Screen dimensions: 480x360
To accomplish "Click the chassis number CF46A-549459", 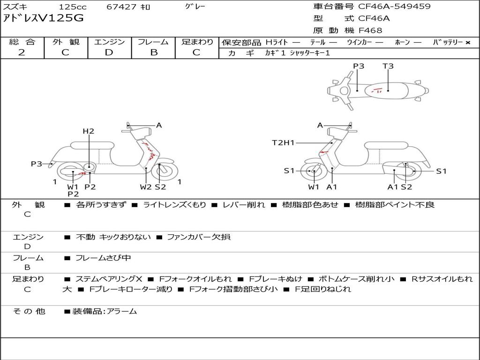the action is (394, 6).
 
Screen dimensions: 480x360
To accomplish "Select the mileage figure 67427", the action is (121, 7).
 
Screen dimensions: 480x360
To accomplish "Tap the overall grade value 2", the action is (22, 52).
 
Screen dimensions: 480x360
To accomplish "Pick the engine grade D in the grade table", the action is (109, 52).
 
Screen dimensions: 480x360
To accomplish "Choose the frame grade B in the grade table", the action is (154, 52).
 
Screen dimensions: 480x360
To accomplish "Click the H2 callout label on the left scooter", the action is (89, 131).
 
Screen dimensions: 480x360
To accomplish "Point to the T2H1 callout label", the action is (283, 142).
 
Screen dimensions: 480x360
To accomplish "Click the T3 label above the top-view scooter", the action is (388, 66).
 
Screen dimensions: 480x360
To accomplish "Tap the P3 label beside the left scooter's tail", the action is (37, 164).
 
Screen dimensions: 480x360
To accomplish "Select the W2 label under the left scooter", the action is (145, 187).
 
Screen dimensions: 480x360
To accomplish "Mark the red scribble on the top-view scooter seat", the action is (376, 90).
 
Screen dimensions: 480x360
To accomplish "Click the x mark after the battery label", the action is (468, 43).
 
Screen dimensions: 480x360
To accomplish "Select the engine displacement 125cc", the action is (73, 7).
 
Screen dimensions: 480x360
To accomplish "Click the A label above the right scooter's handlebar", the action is (320, 125).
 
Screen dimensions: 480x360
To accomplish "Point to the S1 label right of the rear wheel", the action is (441, 171).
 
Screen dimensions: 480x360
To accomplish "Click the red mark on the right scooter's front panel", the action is (323, 152).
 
